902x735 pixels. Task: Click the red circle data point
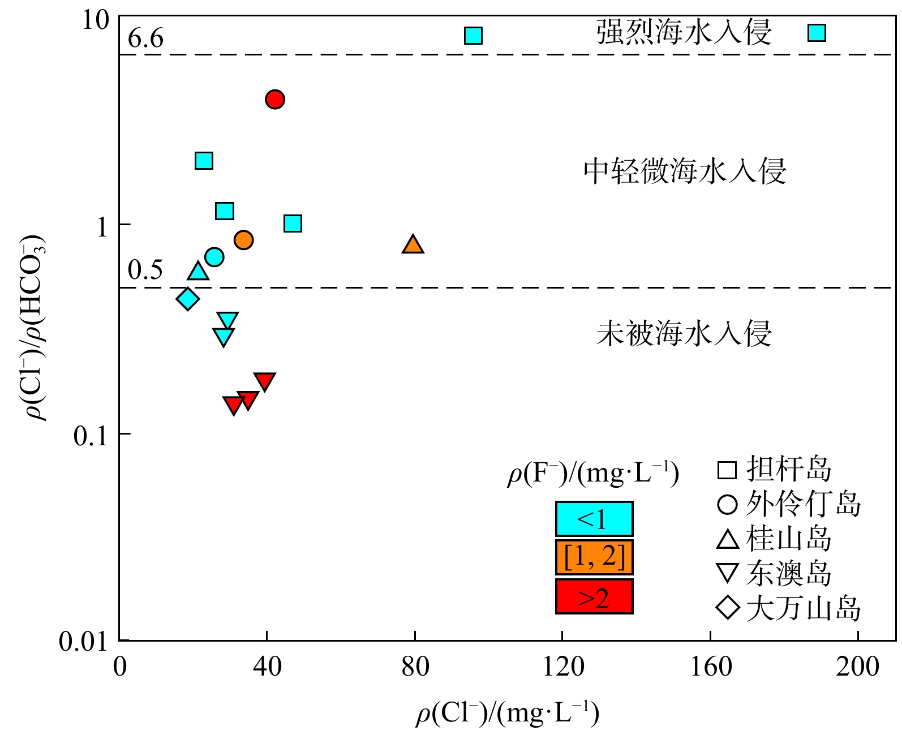point(275,100)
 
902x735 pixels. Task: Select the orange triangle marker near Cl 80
point(413,245)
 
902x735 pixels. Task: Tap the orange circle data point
point(243,240)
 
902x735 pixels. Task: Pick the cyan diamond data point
point(188,299)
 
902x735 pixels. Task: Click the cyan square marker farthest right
point(817,33)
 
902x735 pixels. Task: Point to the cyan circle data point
point(214,257)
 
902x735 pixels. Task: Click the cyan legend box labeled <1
point(594,519)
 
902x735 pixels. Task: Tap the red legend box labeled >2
point(594,597)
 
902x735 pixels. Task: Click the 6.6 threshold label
point(145,38)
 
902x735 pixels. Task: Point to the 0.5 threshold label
point(145,270)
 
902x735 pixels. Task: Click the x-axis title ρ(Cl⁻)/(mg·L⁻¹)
point(508,713)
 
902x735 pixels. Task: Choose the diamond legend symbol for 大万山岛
point(728,608)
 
